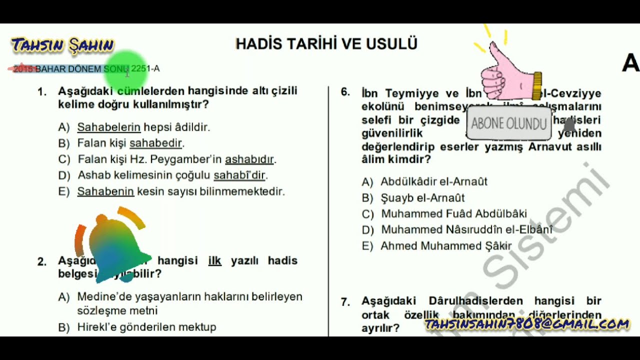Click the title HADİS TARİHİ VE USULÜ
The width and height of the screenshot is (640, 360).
point(326,44)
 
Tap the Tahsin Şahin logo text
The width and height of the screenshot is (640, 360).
point(63,45)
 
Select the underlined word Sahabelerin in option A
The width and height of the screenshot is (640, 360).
point(108,127)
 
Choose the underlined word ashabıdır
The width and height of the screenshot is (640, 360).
point(249,159)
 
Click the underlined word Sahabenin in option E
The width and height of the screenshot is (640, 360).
point(105,191)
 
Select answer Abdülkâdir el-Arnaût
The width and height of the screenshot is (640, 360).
point(433,182)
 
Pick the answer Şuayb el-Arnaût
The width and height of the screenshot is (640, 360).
point(422,198)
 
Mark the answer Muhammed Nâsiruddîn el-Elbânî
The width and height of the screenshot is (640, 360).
point(466,230)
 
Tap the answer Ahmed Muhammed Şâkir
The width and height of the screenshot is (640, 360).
point(446,246)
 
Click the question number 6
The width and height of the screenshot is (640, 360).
point(345,92)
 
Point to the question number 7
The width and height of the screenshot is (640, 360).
point(345,301)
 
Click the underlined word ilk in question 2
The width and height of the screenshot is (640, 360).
point(214,260)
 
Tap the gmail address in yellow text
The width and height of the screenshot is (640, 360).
point(527,324)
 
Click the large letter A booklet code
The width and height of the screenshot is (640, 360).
point(630,63)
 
